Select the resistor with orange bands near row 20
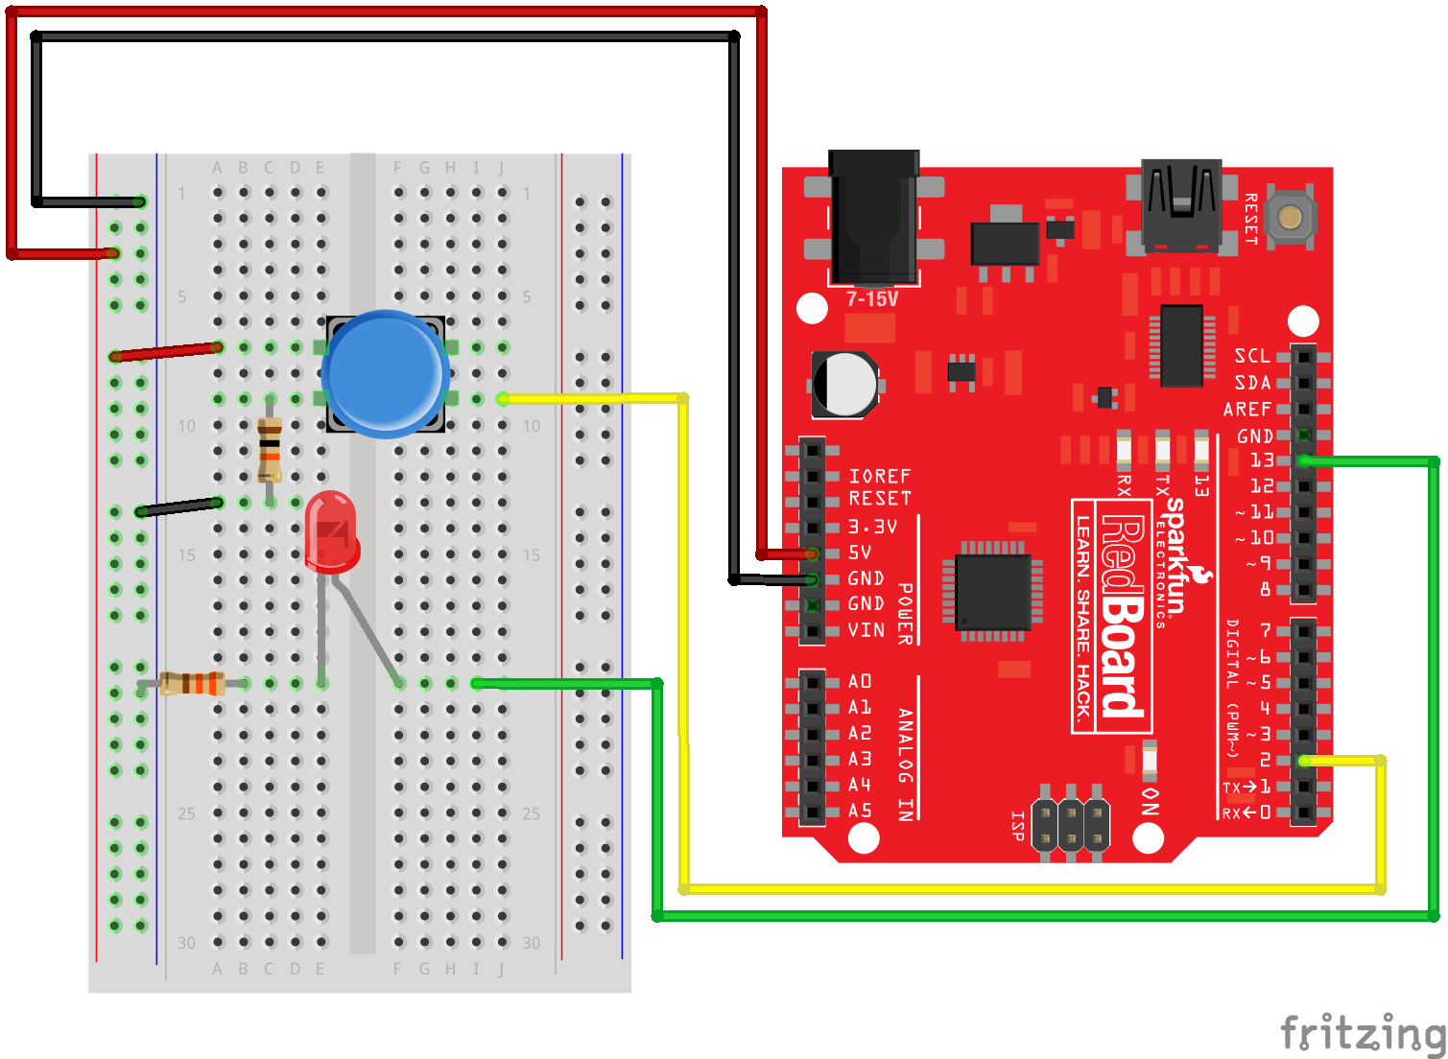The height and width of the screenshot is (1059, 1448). tap(192, 683)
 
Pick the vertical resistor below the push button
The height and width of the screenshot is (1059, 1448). tap(270, 450)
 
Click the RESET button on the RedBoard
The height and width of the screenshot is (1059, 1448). tap(1290, 217)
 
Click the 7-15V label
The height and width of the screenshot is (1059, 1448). tap(872, 299)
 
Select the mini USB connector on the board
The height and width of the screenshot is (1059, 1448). tap(1180, 203)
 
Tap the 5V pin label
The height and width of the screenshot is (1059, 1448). tap(861, 553)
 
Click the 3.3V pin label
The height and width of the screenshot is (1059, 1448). tap(872, 527)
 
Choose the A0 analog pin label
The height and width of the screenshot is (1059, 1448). tap(860, 681)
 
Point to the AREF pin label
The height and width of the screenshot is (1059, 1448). tap(1247, 410)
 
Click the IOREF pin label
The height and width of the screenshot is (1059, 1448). tap(879, 476)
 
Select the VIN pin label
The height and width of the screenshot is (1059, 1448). tap(866, 630)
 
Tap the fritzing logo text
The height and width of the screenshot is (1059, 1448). tap(1363, 1033)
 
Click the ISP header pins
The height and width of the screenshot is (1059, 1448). tap(1071, 823)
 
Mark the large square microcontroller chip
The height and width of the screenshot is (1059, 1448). tap(993, 592)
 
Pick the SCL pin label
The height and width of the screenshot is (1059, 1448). tap(1252, 356)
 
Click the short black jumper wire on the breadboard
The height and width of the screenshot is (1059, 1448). tap(179, 506)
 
